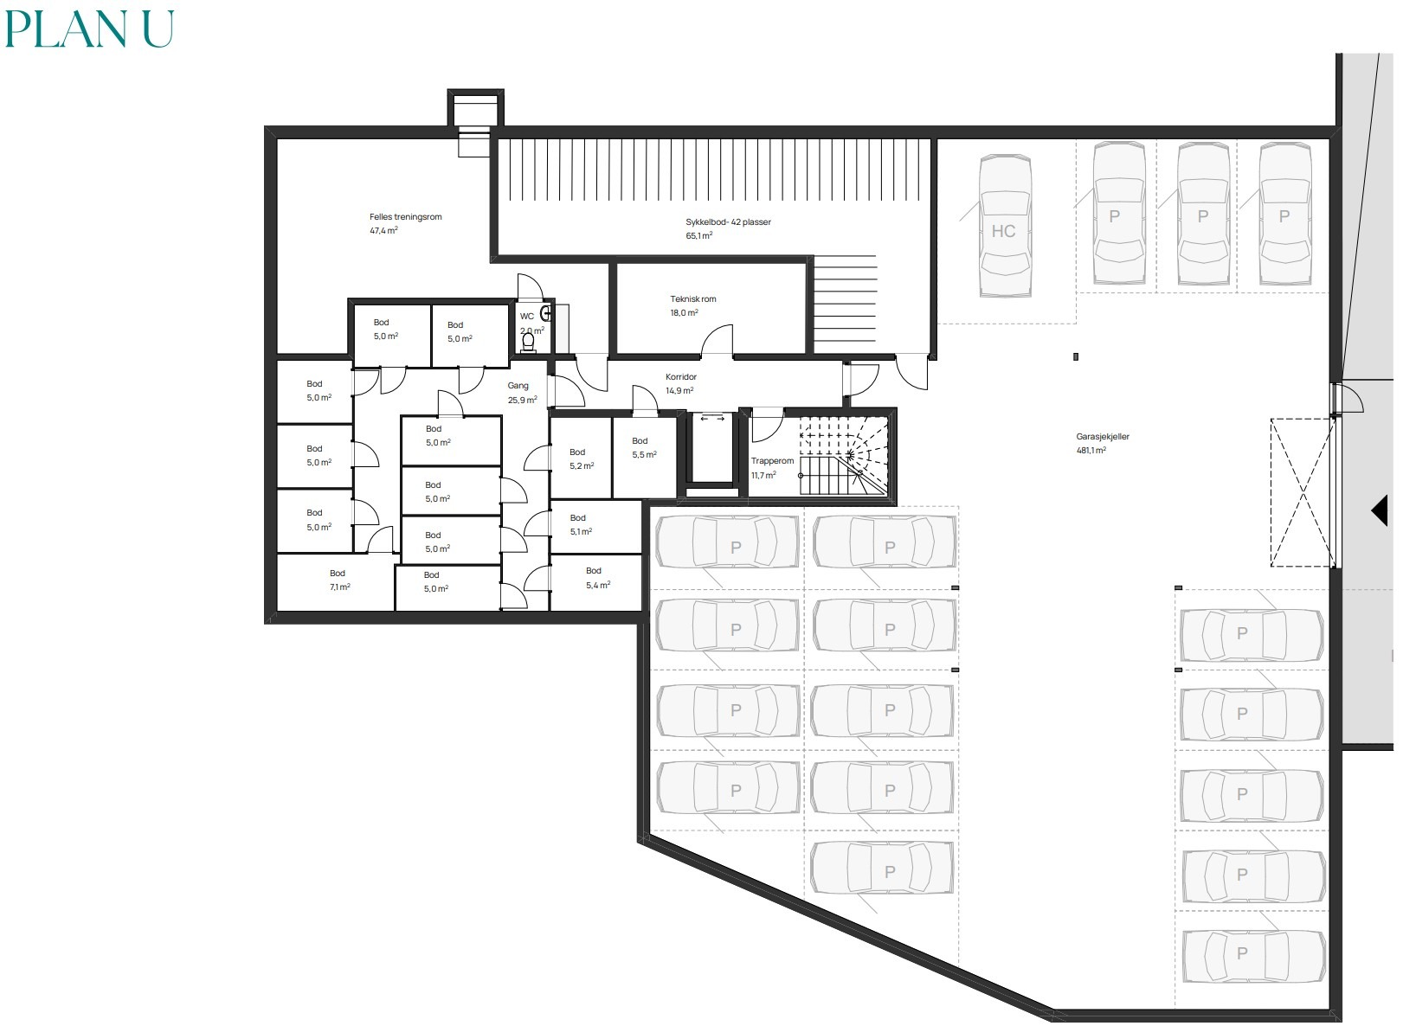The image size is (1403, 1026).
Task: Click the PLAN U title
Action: click(89, 29)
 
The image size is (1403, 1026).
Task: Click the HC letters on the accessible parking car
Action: click(1003, 231)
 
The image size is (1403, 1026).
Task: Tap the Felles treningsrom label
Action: click(405, 216)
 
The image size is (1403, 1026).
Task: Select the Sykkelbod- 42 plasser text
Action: click(728, 221)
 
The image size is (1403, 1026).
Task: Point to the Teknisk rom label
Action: click(692, 299)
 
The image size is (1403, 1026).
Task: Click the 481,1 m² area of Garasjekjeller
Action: click(1091, 450)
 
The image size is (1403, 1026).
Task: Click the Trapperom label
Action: click(772, 461)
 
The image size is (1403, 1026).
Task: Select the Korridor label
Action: click(681, 377)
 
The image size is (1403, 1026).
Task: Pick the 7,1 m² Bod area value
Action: click(340, 587)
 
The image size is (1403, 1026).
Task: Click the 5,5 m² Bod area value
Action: click(645, 454)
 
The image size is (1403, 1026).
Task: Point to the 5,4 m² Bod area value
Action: click(598, 585)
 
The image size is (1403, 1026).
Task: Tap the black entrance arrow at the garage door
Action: click(1380, 510)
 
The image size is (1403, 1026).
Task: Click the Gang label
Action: click(518, 386)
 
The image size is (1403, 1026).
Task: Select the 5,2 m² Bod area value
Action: click(582, 465)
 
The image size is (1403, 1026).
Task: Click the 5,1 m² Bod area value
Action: click(582, 531)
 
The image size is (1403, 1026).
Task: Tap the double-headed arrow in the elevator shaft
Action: click(712, 418)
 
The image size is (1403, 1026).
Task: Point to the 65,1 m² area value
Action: click(699, 235)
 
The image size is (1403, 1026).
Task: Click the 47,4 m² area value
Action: click(383, 230)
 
